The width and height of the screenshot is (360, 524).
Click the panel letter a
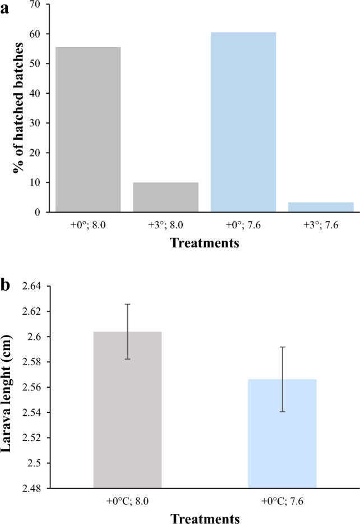coord(7,8)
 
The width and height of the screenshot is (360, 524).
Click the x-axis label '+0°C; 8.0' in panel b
coord(128,502)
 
